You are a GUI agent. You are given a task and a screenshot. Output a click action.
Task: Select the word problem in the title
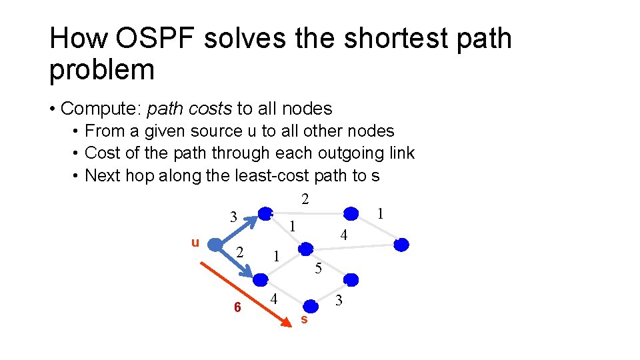click(x=101, y=70)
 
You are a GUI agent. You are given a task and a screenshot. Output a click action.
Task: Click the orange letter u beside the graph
click(x=195, y=242)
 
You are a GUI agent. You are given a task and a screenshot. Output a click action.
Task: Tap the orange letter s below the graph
click(x=304, y=320)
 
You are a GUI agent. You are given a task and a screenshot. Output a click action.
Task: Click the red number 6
click(x=237, y=307)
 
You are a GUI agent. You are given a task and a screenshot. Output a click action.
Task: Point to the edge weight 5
click(x=319, y=269)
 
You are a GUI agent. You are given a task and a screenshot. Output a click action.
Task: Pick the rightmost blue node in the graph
click(x=401, y=245)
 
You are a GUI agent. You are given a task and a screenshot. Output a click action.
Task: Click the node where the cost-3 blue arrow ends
click(x=267, y=213)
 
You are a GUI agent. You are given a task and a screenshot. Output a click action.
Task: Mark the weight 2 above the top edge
click(x=305, y=199)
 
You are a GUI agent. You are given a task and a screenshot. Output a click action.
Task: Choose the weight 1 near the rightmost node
click(x=379, y=214)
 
